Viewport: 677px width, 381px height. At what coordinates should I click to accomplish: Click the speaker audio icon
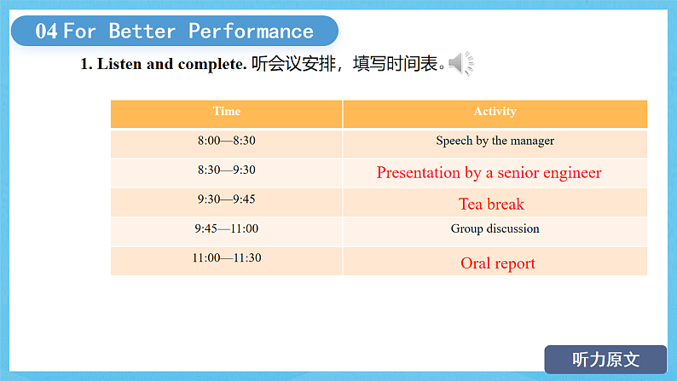pos(460,63)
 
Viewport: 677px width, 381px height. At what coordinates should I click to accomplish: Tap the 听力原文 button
pos(605,359)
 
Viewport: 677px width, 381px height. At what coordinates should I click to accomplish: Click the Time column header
pos(227,112)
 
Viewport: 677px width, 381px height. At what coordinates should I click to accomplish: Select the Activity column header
pos(495,112)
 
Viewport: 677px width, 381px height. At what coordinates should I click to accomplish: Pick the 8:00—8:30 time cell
pos(226,141)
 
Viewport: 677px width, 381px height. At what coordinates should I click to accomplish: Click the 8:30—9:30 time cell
pos(226,170)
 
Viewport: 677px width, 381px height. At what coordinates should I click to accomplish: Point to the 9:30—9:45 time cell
pos(226,199)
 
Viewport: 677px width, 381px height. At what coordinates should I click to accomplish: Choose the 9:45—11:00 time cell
pos(226,228)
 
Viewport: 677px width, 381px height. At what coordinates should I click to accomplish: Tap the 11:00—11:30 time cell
pos(226,258)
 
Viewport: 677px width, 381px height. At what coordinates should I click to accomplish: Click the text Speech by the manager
pos(495,141)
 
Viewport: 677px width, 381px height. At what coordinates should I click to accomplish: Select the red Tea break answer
pos(491,204)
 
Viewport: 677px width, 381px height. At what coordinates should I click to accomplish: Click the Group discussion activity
pos(495,228)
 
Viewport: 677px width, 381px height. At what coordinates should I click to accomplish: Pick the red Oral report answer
pos(498,263)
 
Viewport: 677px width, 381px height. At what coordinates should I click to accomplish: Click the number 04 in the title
pos(47,32)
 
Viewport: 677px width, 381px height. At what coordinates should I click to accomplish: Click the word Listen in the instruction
pos(120,64)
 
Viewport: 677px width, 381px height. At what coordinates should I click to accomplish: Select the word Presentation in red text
pos(418,173)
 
